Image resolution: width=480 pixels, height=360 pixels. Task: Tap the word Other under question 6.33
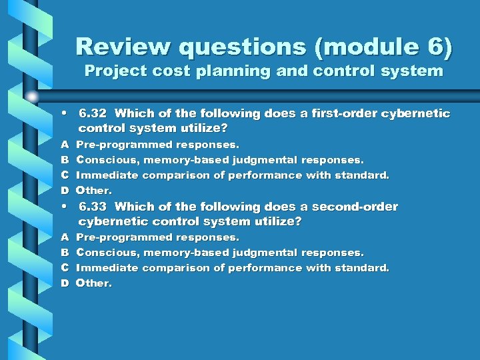93,283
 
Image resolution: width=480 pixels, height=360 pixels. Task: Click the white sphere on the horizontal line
32,97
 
